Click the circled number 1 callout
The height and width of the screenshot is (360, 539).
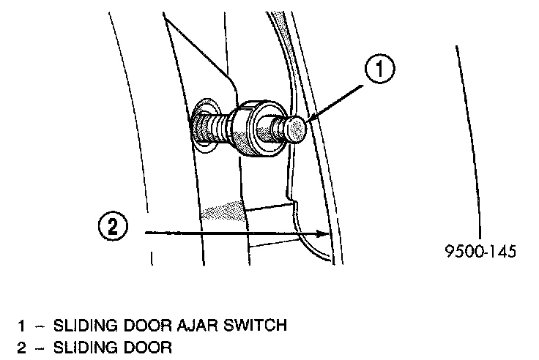point(379,71)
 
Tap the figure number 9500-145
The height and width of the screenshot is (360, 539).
point(480,252)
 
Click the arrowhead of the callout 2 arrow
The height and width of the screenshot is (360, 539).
point(323,233)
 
